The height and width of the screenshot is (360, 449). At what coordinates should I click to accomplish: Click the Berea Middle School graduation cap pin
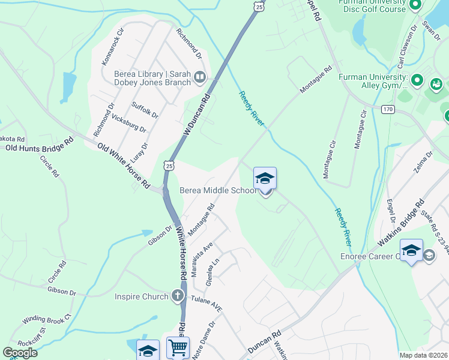265,179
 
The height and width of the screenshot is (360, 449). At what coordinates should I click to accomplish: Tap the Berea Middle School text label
218,191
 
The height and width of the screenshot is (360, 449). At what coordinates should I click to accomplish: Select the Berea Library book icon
200,77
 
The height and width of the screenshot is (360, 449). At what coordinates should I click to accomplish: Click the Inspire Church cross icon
177,295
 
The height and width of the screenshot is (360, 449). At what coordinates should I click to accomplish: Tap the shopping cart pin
178,347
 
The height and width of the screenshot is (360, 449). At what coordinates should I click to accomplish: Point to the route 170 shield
388,109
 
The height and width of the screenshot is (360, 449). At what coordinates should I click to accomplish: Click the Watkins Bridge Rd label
401,224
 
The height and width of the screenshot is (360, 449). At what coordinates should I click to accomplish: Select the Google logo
20,352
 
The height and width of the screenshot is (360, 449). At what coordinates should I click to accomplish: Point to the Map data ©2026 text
423,355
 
